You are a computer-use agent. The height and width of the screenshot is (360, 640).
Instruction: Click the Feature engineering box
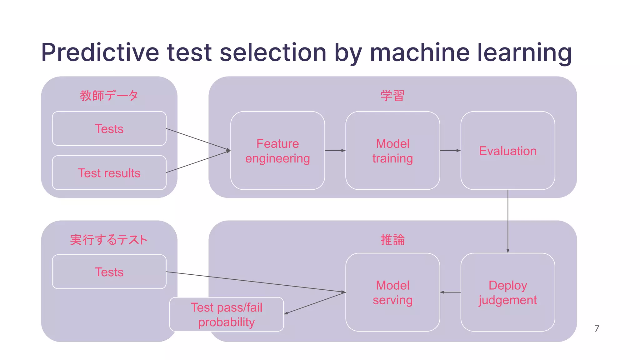[x=277, y=151]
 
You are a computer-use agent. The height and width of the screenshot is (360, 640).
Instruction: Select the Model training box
[x=392, y=151]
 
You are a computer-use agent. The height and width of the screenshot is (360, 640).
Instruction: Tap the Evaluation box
[x=507, y=151]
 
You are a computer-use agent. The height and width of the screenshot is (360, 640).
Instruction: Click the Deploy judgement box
[x=507, y=292]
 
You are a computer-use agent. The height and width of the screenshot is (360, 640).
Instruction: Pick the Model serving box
[x=392, y=292]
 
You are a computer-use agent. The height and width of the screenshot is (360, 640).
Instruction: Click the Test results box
[x=109, y=173]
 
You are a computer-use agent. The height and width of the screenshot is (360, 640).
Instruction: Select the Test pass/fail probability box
[x=227, y=314]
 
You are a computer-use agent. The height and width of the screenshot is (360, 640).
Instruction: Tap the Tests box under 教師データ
[x=109, y=129]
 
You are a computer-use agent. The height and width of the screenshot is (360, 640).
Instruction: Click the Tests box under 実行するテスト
[x=109, y=272]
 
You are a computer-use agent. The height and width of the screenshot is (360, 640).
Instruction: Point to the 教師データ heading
[x=109, y=95]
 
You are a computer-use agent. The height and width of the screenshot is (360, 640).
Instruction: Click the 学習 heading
[x=392, y=95]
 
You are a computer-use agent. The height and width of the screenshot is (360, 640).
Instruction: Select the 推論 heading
[x=392, y=240]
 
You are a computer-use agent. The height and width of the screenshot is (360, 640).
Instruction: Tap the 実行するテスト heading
[x=109, y=240]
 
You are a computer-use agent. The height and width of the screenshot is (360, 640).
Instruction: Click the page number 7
[x=597, y=328]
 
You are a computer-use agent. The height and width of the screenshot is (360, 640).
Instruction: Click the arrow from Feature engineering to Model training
[x=335, y=151]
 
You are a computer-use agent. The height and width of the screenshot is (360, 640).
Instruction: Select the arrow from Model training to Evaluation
[x=450, y=151]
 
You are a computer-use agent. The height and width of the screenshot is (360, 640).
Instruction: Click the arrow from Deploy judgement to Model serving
[x=450, y=292]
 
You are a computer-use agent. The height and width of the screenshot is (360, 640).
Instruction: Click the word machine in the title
[x=420, y=52]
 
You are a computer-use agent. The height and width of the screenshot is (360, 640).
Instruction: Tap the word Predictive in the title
[x=100, y=52]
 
